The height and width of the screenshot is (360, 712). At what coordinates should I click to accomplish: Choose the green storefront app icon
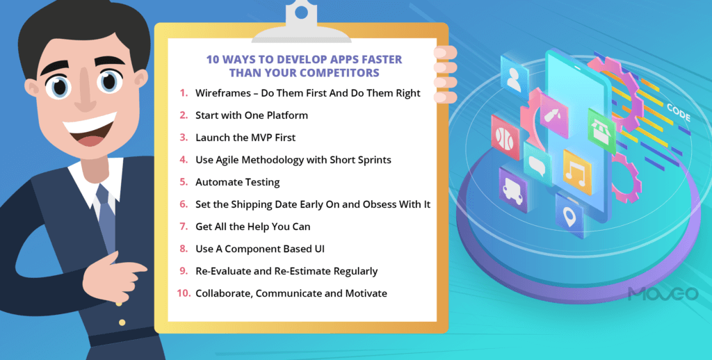[601, 130]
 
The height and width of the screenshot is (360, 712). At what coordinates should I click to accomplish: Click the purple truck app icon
[512, 190]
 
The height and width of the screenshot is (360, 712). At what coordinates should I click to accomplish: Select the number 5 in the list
[184, 182]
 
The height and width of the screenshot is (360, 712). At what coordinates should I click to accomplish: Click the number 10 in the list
[183, 293]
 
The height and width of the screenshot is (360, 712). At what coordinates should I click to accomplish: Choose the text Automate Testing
[237, 182]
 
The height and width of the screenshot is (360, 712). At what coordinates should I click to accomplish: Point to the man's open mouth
[91, 135]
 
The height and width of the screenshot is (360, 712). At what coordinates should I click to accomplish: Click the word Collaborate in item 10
[224, 293]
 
